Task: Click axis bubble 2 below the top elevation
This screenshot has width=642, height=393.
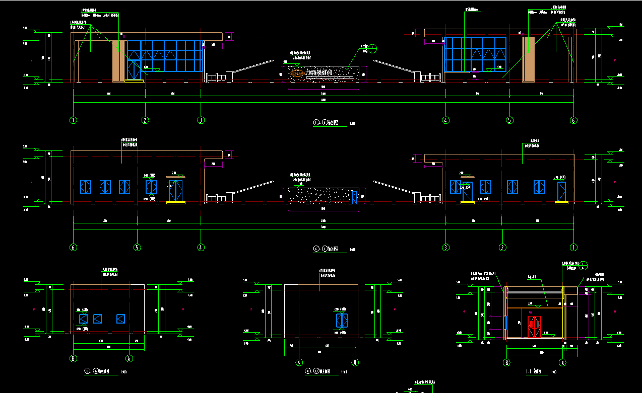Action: [x=145, y=120]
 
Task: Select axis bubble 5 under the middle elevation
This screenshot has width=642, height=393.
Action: [x=137, y=248]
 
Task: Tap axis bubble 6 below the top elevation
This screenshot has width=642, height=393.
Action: [x=573, y=120]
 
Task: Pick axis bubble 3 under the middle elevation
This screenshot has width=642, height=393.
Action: [x=445, y=248]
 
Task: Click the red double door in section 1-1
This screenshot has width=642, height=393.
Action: [x=534, y=327]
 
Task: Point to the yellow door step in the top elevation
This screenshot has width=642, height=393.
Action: [x=134, y=80]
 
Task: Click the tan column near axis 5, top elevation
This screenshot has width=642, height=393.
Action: [x=529, y=59]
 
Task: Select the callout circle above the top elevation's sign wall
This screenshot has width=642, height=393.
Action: [x=372, y=48]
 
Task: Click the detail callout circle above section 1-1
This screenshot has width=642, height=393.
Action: [x=583, y=265]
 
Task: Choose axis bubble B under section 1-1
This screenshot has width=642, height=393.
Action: [x=507, y=362]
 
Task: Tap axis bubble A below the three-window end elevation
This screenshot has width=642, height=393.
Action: [x=129, y=359]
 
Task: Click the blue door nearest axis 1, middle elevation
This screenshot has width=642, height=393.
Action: [x=561, y=191]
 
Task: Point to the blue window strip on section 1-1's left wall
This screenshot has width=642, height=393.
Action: [x=505, y=322]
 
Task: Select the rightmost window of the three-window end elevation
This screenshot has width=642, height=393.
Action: [x=120, y=319]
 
